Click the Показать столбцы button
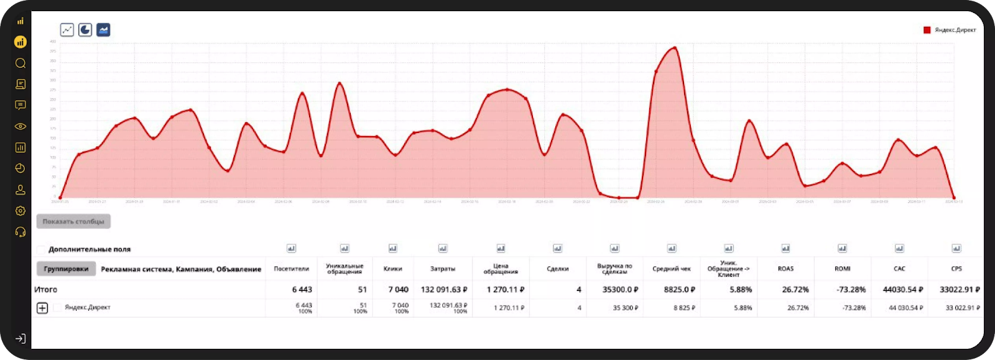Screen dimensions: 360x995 point(73,221)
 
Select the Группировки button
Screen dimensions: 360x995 point(66,269)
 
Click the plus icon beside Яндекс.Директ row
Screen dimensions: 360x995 point(42,308)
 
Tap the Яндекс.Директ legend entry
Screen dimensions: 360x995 point(950,30)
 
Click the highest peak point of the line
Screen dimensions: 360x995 point(675,48)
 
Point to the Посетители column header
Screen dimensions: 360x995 point(291,269)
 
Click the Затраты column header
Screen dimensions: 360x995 point(443,269)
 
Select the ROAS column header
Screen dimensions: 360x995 point(785,269)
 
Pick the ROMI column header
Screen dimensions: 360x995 point(842,269)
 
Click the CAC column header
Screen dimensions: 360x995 point(899,269)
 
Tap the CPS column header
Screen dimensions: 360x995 point(956,269)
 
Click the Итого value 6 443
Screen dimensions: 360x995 point(302,290)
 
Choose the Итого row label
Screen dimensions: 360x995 point(45,290)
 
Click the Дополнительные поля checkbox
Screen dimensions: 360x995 point(41,249)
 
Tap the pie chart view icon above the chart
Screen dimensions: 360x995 point(85,30)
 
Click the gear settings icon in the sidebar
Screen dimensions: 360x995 point(21,211)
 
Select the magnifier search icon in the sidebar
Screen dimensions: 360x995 point(21,63)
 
